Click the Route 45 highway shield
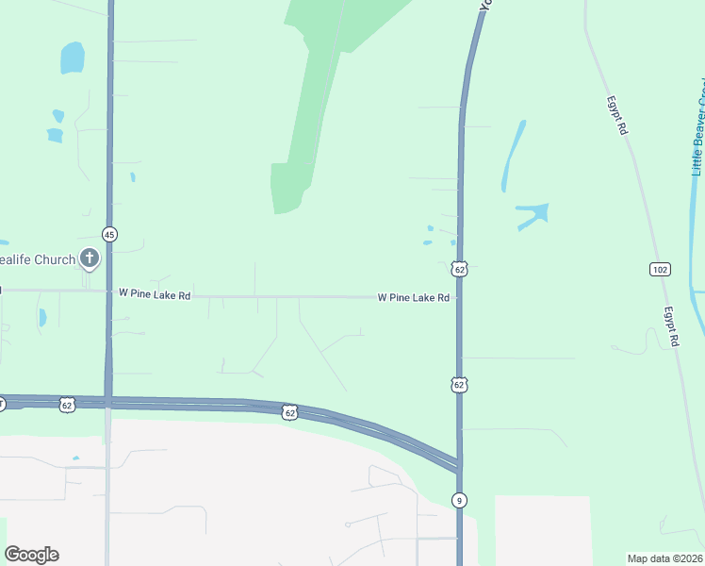pyautogui.click(x=110, y=234)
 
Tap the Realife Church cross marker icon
pyautogui.click(x=90, y=258)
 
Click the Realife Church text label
pyautogui.click(x=38, y=258)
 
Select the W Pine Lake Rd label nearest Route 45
pyautogui.click(x=155, y=295)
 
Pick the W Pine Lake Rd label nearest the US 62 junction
pyautogui.click(x=413, y=297)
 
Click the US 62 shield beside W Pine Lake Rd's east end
pyautogui.click(x=459, y=270)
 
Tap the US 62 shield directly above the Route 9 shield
pyautogui.click(x=459, y=385)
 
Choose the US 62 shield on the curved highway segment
pyautogui.click(x=289, y=412)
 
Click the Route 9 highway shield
pyautogui.click(x=459, y=499)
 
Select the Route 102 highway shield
pyautogui.click(x=660, y=270)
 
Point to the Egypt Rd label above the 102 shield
pyautogui.click(x=616, y=114)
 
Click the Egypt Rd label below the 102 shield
pyautogui.click(x=670, y=326)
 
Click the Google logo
pyautogui.click(x=31, y=555)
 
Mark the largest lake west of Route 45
pyautogui.click(x=72, y=58)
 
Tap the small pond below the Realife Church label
pyautogui.click(x=41, y=318)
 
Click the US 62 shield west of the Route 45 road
pyautogui.click(x=66, y=405)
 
